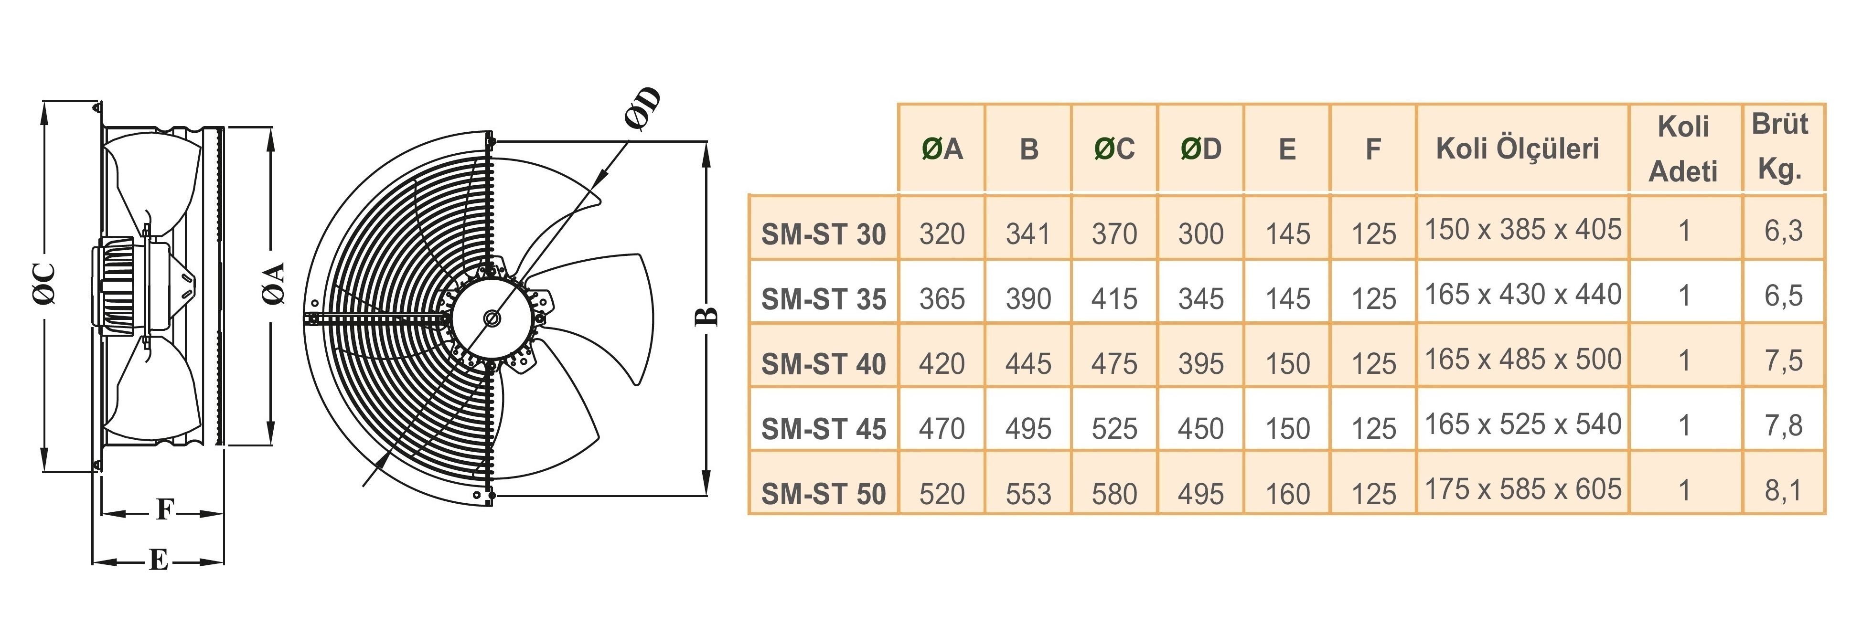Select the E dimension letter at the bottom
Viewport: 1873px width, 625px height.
[159, 561]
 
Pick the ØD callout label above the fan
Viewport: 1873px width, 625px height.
[643, 109]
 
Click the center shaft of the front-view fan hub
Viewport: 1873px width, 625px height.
[492, 318]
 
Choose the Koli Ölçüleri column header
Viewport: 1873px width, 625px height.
[1518, 148]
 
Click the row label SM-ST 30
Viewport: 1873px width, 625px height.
[823, 234]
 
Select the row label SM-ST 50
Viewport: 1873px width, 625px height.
[823, 494]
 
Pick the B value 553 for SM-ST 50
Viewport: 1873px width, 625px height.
[1028, 494]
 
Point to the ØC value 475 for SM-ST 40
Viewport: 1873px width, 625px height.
[1114, 363]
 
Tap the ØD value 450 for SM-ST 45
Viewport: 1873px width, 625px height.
[1200, 429]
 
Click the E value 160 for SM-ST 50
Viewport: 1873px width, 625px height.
[1287, 494]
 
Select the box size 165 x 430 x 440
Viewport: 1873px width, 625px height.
[1522, 294]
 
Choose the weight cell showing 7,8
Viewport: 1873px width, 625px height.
[1783, 425]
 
